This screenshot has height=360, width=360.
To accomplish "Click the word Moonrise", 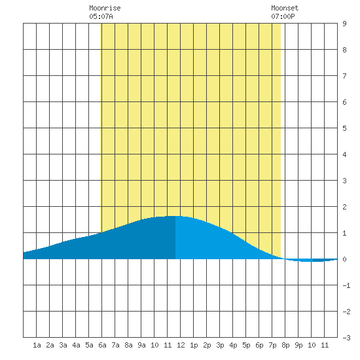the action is click(x=105, y=8).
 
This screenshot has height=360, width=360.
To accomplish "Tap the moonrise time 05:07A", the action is click(x=101, y=16).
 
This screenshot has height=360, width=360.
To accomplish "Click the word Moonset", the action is click(x=285, y=8).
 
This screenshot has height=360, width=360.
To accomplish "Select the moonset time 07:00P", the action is click(x=283, y=16).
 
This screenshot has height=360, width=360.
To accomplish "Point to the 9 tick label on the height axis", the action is click(x=344, y=24).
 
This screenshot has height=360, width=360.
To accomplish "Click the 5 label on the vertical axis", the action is click(x=344, y=128).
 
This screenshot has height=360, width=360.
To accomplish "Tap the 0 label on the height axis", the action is click(x=344, y=259).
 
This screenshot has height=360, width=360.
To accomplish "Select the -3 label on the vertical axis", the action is click(x=346, y=338).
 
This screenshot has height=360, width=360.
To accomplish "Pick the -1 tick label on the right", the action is click(x=346, y=285).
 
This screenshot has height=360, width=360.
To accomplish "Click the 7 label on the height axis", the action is click(x=344, y=76).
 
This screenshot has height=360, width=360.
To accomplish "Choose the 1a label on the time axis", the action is click(x=37, y=345).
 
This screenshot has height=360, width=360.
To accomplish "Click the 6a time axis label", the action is click(x=102, y=345).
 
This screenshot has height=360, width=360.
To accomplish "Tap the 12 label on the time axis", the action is click(x=181, y=345).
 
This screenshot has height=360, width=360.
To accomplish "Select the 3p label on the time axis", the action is click(x=220, y=345).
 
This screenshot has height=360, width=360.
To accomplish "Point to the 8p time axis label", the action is click(x=285, y=345).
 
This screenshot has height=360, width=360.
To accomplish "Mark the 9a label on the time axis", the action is click(x=141, y=345).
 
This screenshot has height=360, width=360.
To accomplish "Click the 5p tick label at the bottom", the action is click(x=246, y=345).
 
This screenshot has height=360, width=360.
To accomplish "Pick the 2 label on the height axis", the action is click(x=344, y=207).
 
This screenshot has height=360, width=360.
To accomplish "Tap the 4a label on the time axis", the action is click(x=76, y=345).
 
